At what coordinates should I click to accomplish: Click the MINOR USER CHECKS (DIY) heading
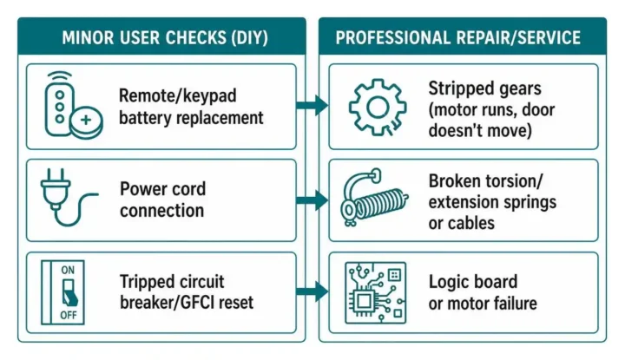coord(165,38)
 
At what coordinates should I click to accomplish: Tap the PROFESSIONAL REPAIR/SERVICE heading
coord(458,38)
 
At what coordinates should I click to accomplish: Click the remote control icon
coord(60,103)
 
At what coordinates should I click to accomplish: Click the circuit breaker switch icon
coord(62,292)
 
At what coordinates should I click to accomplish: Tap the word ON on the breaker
coord(68,270)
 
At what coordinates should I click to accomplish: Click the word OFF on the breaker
coord(69,316)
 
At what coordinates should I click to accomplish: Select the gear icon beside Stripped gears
coord(378,107)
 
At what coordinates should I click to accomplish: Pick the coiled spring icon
coord(374,198)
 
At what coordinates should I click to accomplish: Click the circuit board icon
coord(375,292)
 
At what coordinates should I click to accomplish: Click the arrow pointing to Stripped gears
coord(312,106)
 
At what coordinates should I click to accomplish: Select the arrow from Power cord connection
coord(312,200)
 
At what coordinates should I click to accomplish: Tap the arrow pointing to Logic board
coord(312,291)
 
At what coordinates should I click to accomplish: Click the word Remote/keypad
coord(178,96)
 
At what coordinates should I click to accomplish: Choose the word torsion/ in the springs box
coord(514,181)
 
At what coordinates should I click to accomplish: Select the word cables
coord(471,224)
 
